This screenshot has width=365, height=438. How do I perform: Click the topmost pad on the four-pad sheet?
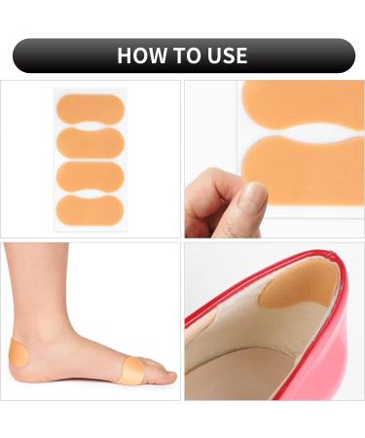coord(90,108)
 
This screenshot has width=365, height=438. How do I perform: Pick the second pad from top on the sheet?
coord(90,143)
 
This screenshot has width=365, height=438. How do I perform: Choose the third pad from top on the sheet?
coord(90,176)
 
